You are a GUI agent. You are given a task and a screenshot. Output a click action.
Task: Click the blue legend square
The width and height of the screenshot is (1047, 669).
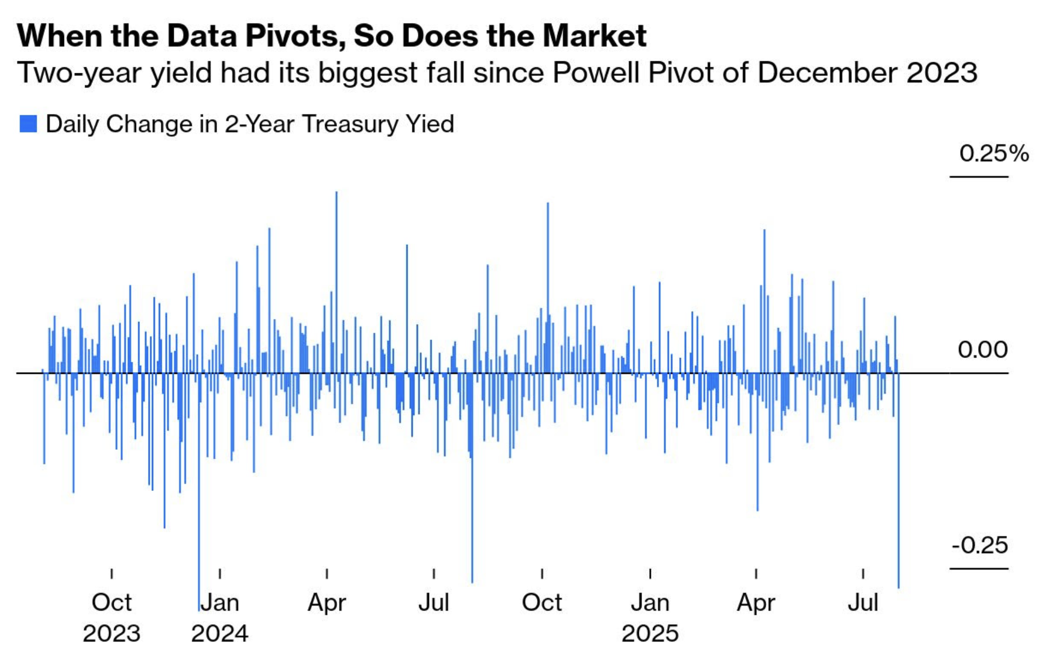pyautogui.click(x=28, y=124)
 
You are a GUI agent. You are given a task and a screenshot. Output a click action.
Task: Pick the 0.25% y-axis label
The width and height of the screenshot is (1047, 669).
pyautogui.click(x=993, y=153)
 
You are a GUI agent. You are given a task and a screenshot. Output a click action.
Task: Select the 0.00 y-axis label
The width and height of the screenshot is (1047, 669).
pyautogui.click(x=983, y=350)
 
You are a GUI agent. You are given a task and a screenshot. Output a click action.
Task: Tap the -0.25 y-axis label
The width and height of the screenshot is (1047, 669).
pyautogui.click(x=980, y=545)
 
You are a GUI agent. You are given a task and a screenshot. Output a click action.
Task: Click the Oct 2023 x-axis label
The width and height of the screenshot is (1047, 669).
pyautogui.click(x=111, y=618)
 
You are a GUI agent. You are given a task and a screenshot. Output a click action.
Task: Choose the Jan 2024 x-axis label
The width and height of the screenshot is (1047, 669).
pyautogui.click(x=220, y=618)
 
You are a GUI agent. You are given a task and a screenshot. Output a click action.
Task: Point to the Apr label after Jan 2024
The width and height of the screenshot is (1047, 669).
pyautogui.click(x=327, y=603)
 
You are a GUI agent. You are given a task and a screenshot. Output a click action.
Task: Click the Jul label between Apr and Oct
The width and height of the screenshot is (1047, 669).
pyautogui.click(x=434, y=603)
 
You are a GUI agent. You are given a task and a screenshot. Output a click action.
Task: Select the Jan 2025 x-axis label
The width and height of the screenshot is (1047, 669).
pyautogui.click(x=650, y=618)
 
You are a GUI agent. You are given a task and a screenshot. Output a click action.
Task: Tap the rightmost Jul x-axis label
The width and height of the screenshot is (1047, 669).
pyautogui.click(x=863, y=603)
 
